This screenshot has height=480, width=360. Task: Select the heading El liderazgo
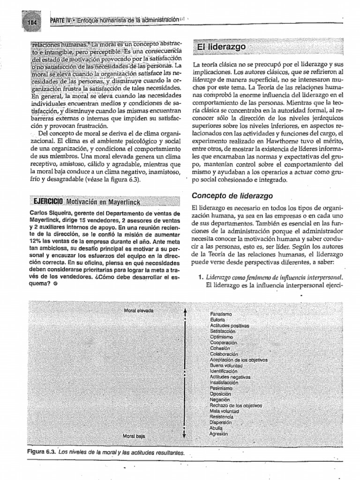tap(220, 48)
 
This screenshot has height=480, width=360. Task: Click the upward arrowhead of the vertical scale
tap(186, 311)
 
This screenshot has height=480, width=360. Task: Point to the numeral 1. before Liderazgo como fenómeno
tap(200, 276)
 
